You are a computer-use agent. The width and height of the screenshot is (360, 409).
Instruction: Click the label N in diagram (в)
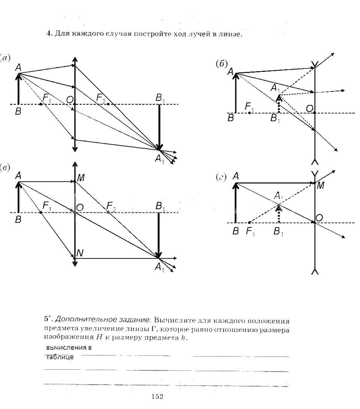tap(80, 254)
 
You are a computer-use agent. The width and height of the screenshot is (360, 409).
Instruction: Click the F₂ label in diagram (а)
tap(101, 98)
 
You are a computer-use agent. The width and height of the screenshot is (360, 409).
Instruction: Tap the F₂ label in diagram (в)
tap(111, 206)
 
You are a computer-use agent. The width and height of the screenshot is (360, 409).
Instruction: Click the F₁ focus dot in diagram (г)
tap(249, 222)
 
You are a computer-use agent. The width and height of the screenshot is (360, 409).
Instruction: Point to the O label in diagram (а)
tap(69, 99)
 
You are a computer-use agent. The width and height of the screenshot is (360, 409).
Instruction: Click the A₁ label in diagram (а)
tap(159, 160)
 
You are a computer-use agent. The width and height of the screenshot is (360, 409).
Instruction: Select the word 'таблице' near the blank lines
tap(60, 357)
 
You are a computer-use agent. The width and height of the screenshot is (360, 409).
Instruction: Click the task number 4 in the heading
tap(48, 34)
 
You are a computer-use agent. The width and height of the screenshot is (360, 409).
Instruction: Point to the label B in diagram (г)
tap(235, 231)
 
